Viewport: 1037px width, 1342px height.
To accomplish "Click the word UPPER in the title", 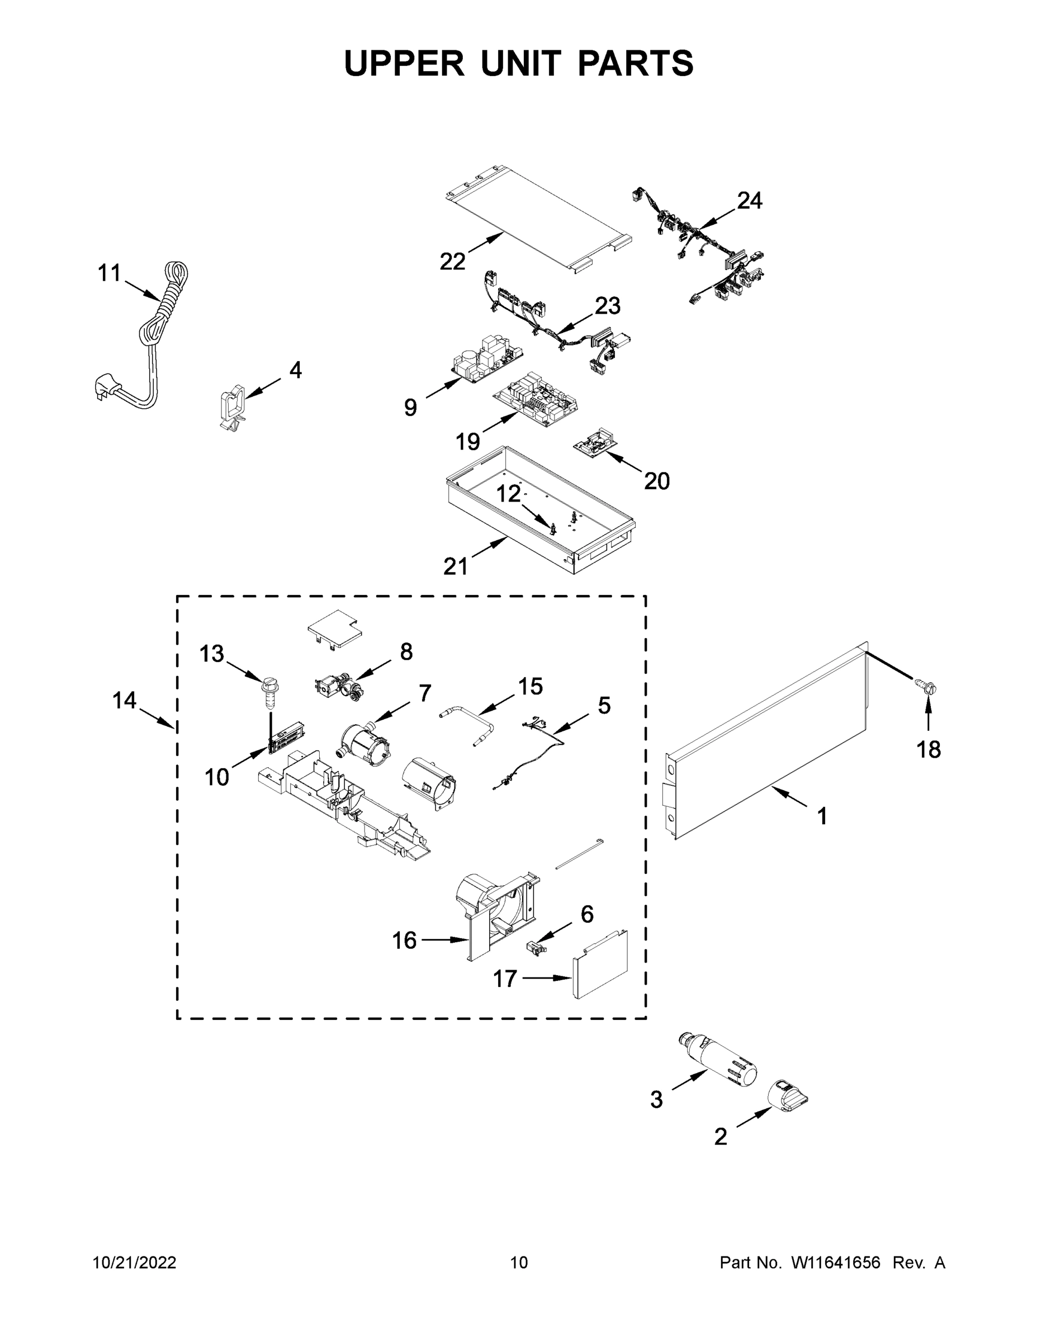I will (404, 63).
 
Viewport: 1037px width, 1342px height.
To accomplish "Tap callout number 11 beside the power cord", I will (110, 273).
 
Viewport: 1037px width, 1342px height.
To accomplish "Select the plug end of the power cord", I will (104, 386).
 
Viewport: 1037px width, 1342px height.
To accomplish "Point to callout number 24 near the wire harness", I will (750, 200).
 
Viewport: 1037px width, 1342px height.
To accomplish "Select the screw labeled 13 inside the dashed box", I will (268, 692).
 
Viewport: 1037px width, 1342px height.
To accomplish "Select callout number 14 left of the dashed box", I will (124, 700).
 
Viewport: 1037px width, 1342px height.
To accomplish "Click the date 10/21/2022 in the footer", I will (135, 1263).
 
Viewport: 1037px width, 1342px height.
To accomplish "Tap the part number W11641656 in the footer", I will (836, 1263).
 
